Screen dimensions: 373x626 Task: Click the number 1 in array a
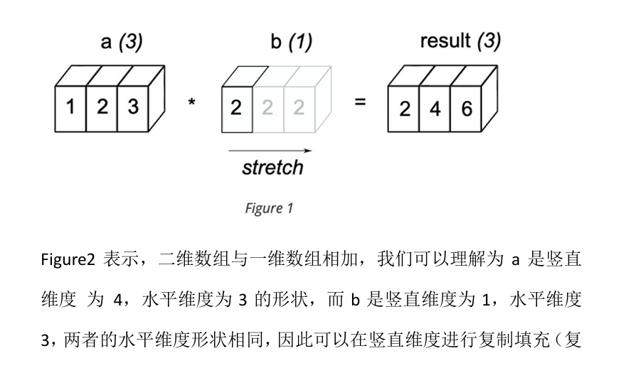point(70,107)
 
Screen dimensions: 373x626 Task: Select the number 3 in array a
point(132,107)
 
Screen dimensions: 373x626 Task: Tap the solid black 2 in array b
point(237,108)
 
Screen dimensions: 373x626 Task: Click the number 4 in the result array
point(435,109)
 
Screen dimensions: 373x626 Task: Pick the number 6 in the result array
point(465,109)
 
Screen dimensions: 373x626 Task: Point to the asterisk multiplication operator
point(191,104)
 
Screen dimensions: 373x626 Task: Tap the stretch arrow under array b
point(270,151)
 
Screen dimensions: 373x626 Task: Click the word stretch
point(272,168)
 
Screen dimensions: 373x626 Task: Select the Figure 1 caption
point(269,208)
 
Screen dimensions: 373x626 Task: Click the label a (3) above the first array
point(121,42)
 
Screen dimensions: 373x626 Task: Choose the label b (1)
point(291,42)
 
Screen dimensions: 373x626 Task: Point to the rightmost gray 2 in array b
point(298,108)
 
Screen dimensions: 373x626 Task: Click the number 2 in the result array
point(404,109)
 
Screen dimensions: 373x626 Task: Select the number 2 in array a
point(102,107)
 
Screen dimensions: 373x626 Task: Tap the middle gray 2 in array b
point(267,108)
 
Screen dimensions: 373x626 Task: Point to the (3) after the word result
point(489,41)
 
